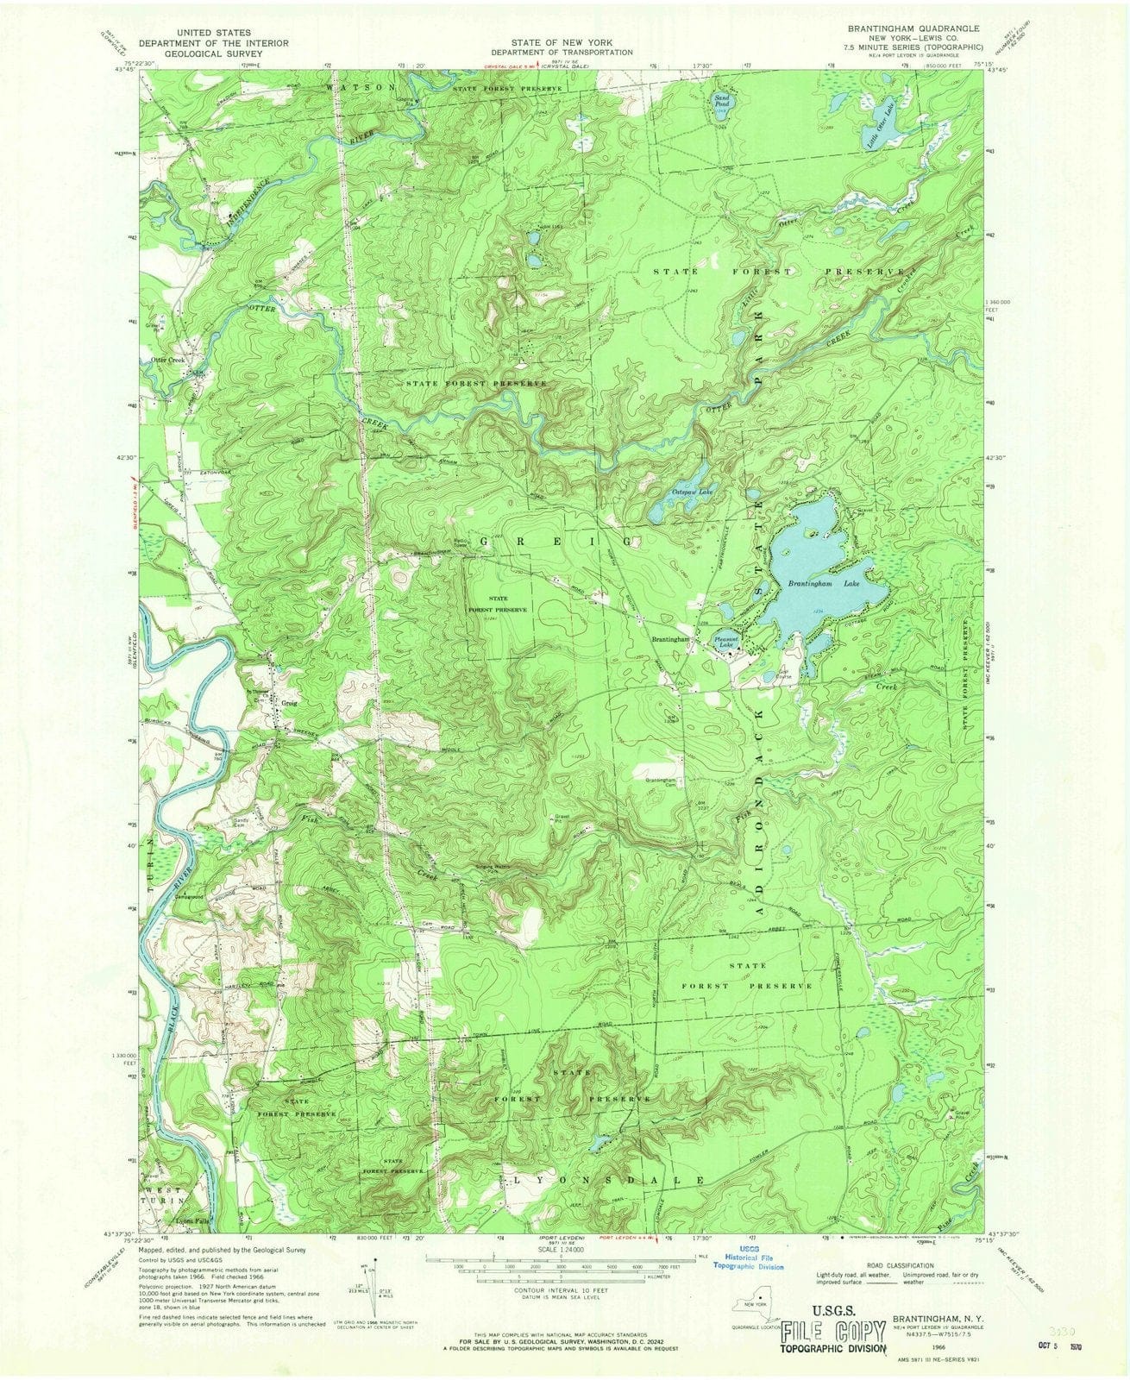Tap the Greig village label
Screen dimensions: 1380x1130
click(288, 703)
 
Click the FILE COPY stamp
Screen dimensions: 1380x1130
click(832, 1331)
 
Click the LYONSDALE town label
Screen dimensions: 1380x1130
click(609, 1178)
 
